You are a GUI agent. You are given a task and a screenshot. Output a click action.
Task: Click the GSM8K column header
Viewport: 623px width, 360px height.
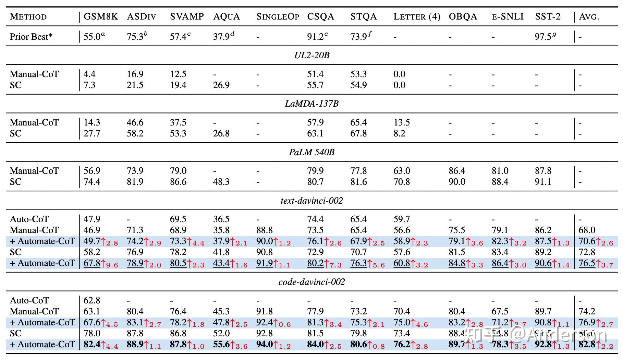point(101,16)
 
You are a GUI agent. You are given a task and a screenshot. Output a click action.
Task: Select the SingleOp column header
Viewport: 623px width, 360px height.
point(278,16)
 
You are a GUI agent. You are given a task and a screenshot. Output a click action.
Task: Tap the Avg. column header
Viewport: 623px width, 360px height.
point(589,16)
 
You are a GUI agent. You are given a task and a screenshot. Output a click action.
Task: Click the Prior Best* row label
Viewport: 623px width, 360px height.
point(31,36)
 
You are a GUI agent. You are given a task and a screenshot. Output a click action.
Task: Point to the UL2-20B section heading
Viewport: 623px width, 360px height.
point(312,55)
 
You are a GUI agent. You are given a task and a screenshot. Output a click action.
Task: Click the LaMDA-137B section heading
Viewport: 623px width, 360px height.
point(312,104)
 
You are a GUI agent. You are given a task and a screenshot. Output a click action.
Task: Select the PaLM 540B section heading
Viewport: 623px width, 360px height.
point(312,152)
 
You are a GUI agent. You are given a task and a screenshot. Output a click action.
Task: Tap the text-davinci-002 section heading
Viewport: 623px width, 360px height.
point(312,201)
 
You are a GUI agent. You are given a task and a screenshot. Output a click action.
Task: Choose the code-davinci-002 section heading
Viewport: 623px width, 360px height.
point(312,282)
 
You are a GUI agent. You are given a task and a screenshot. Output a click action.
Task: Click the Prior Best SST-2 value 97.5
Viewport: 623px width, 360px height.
point(543,36)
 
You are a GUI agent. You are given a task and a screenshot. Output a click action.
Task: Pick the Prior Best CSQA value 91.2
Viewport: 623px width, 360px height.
point(315,36)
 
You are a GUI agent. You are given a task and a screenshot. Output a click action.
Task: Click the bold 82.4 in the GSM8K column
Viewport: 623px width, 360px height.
point(92,344)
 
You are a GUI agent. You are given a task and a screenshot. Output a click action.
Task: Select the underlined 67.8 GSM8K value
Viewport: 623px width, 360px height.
point(92,263)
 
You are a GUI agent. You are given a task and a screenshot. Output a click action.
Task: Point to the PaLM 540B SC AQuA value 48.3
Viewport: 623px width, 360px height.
point(221,182)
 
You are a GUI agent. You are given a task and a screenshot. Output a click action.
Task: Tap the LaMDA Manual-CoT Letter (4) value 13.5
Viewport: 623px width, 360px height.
point(402,122)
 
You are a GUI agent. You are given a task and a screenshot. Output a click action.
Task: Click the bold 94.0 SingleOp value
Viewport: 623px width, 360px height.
point(265,344)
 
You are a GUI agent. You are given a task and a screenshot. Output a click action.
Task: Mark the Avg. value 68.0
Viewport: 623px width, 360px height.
point(587,230)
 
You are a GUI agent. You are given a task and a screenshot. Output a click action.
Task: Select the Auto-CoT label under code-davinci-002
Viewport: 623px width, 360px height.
point(29,300)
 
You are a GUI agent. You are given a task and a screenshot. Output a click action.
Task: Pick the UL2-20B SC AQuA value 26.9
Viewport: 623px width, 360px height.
point(221,85)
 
